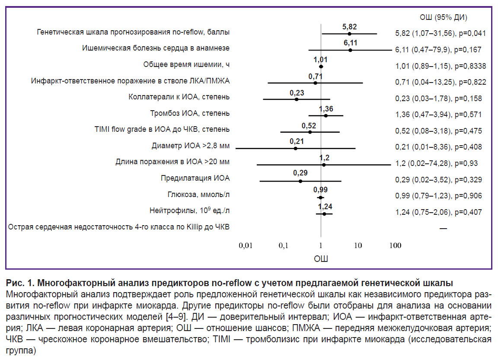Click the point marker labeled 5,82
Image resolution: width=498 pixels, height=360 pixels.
pos(349,33)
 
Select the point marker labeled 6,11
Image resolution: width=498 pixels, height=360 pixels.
pos(350,50)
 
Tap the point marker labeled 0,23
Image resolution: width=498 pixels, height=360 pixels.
pos(297,99)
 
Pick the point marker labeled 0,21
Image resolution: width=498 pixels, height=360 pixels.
pos(295,148)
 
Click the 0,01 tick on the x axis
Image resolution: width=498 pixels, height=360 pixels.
pos(246,245)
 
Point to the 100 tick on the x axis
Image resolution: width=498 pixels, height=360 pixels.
pos(395,245)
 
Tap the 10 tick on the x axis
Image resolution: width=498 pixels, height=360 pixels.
pos(358,245)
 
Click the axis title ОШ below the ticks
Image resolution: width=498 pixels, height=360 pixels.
pos(320,259)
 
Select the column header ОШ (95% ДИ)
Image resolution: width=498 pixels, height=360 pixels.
pos(444,17)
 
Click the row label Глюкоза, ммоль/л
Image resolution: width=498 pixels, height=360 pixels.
pos(198,194)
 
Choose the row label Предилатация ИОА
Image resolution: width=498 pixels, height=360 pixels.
pos(195,178)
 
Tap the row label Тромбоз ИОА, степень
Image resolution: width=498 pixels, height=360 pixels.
pos(190,113)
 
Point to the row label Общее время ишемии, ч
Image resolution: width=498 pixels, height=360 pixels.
pos(187,64)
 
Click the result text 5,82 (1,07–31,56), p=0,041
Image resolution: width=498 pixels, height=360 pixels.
pos(441,33)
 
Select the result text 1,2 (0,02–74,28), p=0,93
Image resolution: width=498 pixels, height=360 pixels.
pos(437,163)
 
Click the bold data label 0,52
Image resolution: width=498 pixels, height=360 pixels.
pos(309,126)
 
